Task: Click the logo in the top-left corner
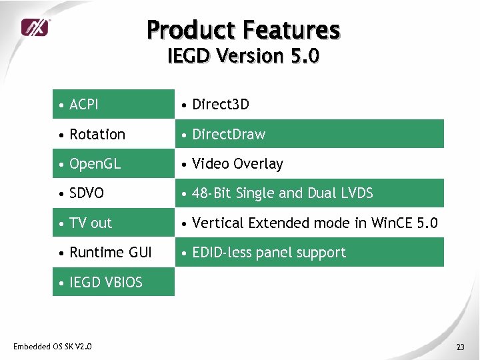pos(34,27)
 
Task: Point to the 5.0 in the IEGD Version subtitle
pos(305,56)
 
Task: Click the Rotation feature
pos(97,134)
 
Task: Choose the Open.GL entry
pos(95,164)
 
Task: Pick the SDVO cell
pos(87,193)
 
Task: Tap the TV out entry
pos(91,223)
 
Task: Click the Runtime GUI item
pos(110,253)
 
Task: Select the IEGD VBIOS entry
pos(105,282)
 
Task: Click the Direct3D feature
pos(220,105)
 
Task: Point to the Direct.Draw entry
pos(228,134)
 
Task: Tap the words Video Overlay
pos(237,164)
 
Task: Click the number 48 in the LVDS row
pos(199,193)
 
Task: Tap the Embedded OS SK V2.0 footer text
pos(53,346)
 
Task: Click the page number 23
pos(460,347)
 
